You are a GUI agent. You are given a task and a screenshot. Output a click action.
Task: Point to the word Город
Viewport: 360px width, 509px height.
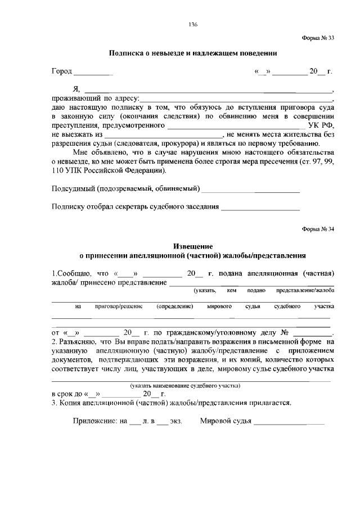click(62, 72)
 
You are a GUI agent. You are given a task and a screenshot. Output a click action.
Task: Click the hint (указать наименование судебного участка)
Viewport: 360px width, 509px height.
click(185, 386)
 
